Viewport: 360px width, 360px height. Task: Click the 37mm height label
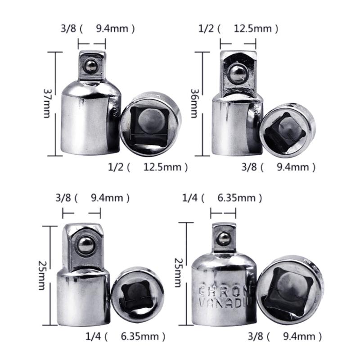click(47, 103)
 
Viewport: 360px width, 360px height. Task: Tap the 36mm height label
click(195, 103)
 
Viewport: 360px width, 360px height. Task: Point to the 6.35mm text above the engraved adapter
click(239, 198)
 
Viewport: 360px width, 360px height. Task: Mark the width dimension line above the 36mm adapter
click(238, 44)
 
